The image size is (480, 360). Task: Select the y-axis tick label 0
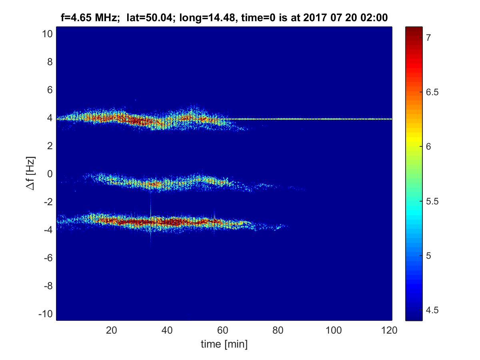pyautogui.click(x=50, y=174)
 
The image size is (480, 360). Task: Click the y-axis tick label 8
pyautogui.click(x=50, y=62)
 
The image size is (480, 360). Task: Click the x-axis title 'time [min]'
pyautogui.click(x=224, y=344)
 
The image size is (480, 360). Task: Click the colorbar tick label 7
pyautogui.click(x=428, y=38)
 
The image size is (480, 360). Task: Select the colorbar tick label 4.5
pyautogui.click(x=431, y=310)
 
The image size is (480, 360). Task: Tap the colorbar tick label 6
pyautogui.click(x=428, y=146)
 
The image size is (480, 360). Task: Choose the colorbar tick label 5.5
pyautogui.click(x=431, y=201)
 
